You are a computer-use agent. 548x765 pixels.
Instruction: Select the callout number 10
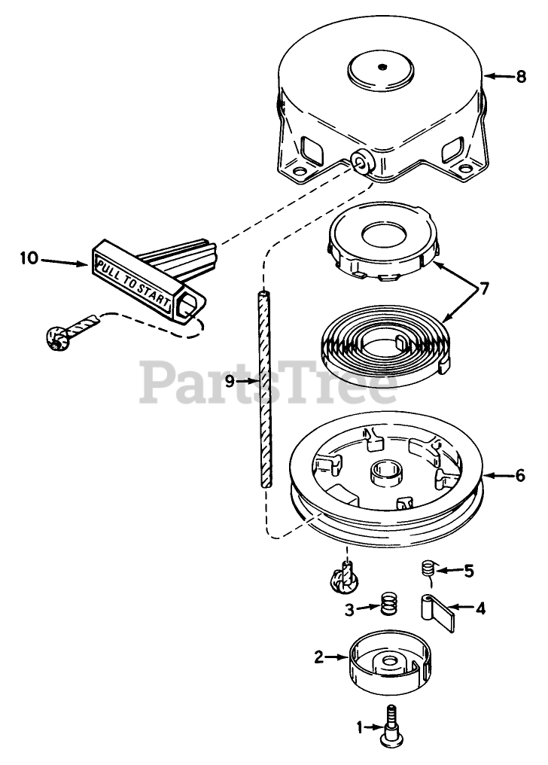point(29,259)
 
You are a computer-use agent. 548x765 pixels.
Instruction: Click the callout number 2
point(319,657)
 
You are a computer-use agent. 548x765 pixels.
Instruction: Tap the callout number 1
point(359,727)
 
